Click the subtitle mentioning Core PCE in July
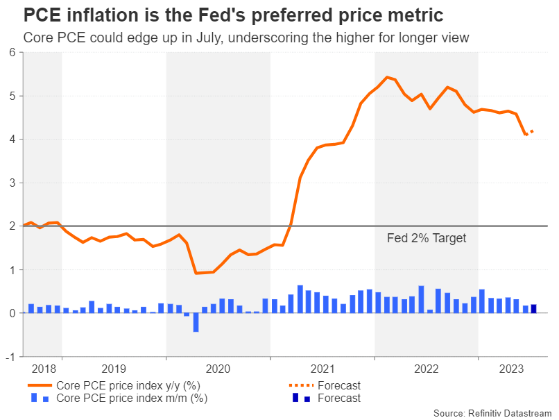[246, 37]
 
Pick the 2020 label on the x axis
[218, 369]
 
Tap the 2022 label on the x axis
[426, 369]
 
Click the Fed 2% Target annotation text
[426, 238]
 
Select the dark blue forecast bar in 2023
[534, 309]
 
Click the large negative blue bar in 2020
[196, 322]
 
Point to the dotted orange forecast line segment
[530, 132]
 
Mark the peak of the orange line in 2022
[386, 77]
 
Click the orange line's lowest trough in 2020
[196, 273]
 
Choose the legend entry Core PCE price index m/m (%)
[131, 398]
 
